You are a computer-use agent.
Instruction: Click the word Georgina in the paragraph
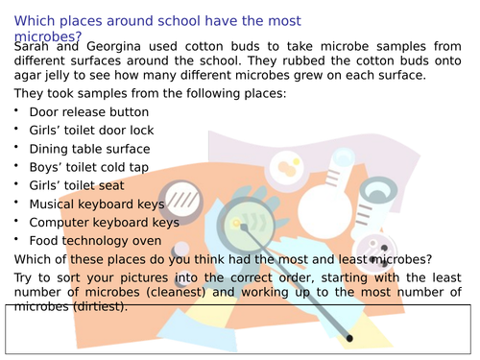113,47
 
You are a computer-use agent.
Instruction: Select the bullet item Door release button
89,112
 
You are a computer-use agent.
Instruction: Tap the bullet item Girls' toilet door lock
91,131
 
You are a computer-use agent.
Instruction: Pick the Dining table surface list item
89,149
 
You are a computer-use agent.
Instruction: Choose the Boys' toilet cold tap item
89,167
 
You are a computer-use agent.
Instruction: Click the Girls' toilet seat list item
77,185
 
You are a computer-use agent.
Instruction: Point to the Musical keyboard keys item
97,204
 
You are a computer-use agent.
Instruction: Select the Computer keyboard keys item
105,223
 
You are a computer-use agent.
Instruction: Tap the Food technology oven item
95,241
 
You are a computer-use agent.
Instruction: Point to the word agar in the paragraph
26,76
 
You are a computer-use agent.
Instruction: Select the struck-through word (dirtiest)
100,306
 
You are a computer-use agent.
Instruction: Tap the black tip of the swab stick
349,338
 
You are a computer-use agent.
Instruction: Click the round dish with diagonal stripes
181,201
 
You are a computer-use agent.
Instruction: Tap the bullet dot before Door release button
16,110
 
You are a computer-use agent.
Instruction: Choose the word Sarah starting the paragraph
32,47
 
